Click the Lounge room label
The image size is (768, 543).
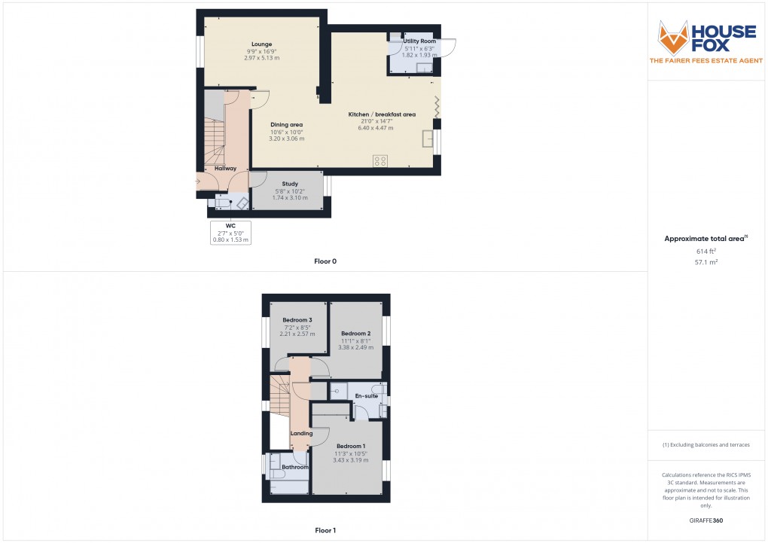coord(261,44)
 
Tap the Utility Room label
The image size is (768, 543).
coord(419,41)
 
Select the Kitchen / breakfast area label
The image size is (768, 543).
coord(382,114)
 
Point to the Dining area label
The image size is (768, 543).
coord(287,125)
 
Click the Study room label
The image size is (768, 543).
coord(290,184)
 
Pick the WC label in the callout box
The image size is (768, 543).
coord(230,225)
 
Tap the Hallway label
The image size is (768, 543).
coord(225,169)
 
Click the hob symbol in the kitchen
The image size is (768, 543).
coord(380,160)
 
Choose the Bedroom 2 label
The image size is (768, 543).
coord(355,334)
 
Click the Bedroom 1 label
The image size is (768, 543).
coord(351,446)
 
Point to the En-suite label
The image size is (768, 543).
coord(366,396)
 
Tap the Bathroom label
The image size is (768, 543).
coord(295,467)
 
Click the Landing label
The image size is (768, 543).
coord(301,433)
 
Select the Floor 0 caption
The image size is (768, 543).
coord(325,261)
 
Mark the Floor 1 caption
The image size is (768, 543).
coord(325,530)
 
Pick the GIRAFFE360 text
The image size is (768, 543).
coord(706,520)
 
